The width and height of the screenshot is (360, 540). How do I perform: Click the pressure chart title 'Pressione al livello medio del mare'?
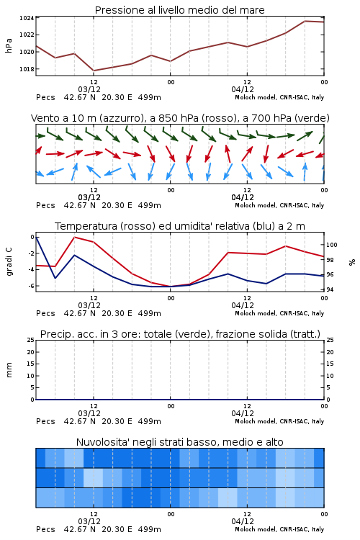click(179, 10)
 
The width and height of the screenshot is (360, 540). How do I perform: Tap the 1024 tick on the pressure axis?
click(27, 18)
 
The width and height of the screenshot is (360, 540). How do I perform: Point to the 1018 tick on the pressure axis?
click(27, 69)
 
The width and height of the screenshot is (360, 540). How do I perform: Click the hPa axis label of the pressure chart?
click(9, 45)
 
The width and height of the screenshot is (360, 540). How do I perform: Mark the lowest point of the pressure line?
click(94, 71)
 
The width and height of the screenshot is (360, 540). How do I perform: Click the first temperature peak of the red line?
click(74, 238)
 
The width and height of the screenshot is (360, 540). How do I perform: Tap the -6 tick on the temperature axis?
click(32, 286)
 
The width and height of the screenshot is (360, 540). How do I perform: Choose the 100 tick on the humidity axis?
click(332, 245)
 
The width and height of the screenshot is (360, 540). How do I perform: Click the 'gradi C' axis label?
click(9, 261)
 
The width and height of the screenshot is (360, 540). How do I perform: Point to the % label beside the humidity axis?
click(352, 262)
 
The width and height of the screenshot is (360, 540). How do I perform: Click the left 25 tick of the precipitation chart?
click(31, 340)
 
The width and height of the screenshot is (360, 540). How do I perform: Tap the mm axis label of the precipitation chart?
click(9, 370)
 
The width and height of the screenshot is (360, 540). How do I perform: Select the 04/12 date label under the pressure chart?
click(243, 89)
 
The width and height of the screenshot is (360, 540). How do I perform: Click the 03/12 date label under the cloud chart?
click(89, 521)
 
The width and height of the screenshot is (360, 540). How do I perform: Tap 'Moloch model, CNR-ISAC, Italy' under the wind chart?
click(279, 205)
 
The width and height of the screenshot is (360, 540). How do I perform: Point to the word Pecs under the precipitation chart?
click(45, 421)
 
